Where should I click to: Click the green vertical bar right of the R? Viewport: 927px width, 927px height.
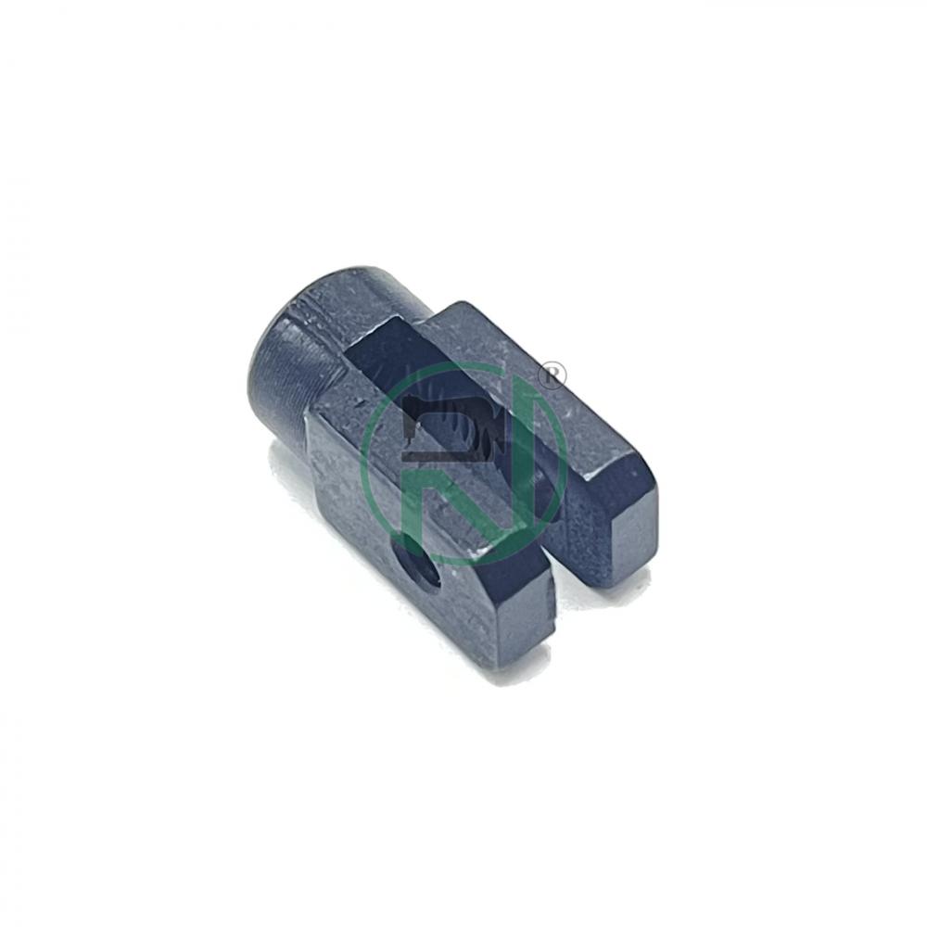tap(536, 450)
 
